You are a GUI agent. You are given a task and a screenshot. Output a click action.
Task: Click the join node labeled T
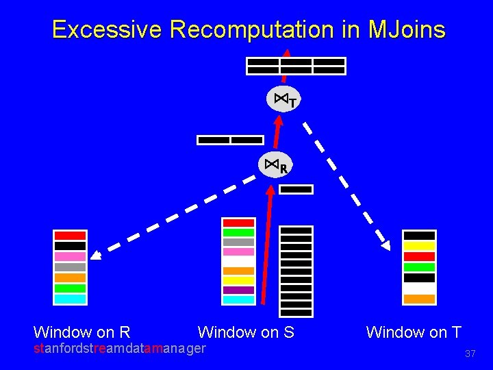click(x=283, y=100)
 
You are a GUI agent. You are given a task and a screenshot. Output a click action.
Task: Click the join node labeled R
click(x=275, y=165)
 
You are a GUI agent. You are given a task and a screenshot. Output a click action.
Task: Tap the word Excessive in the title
click(x=106, y=29)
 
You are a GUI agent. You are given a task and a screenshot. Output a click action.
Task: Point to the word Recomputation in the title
click(x=266, y=29)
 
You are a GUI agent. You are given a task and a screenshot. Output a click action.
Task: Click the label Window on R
click(x=81, y=333)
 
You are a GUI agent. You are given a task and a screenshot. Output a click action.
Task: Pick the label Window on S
click(x=246, y=333)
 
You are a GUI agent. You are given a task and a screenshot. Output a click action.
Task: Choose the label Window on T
click(x=414, y=333)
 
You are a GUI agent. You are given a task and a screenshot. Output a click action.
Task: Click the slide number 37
click(x=470, y=354)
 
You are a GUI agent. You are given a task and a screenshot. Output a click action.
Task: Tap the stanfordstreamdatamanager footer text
click(x=120, y=349)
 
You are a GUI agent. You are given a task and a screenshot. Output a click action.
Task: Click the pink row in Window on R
click(x=70, y=256)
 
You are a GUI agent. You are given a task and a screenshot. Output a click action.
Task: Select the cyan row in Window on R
click(x=70, y=299)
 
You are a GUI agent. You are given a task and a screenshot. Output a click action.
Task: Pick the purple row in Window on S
click(x=238, y=290)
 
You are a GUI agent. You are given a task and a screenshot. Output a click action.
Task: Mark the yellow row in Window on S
click(x=238, y=280)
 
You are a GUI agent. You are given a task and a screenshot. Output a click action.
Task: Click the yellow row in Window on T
click(x=419, y=246)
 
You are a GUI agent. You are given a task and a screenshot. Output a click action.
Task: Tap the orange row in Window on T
click(x=419, y=299)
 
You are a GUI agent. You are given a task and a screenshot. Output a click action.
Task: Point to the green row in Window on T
click(x=419, y=267)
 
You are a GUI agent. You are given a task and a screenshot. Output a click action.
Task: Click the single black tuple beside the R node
click(x=296, y=189)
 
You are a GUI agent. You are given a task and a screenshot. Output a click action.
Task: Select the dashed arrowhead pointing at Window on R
click(x=97, y=256)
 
